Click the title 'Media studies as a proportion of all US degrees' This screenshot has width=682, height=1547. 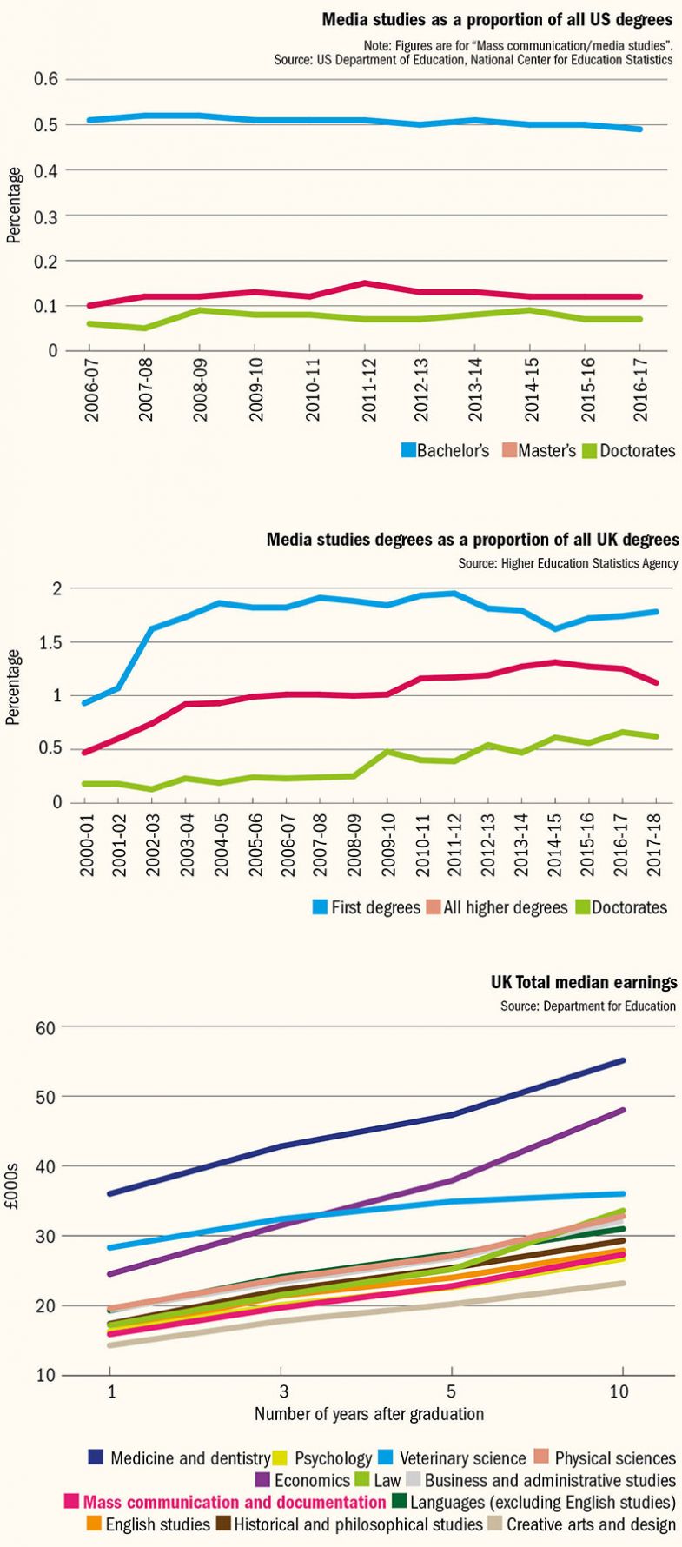click(x=496, y=20)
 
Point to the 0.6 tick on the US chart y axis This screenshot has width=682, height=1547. click(x=46, y=79)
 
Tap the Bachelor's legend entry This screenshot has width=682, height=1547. click(x=445, y=451)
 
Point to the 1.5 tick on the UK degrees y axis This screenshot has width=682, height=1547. click(x=48, y=642)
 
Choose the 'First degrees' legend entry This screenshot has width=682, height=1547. click(x=366, y=907)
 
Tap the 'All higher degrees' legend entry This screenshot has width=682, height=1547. click(x=498, y=907)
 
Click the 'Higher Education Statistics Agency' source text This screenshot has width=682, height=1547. click(x=568, y=564)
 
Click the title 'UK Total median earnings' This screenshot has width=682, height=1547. click(x=584, y=983)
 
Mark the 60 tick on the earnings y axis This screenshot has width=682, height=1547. click(x=45, y=1027)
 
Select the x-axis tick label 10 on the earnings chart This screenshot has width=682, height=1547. click(x=619, y=1391)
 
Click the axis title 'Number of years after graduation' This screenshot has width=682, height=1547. click(x=368, y=1414)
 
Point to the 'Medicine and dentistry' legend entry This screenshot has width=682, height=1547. click(x=180, y=1458)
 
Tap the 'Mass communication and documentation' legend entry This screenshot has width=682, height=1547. click(x=225, y=1502)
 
